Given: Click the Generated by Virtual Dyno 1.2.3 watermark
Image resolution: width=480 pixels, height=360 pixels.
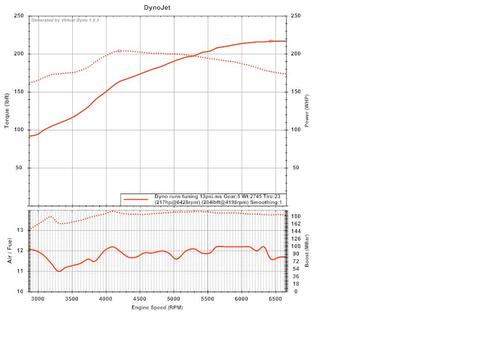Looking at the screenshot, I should coord(65,20).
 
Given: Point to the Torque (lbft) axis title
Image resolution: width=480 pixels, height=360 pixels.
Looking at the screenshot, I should coord(7,111).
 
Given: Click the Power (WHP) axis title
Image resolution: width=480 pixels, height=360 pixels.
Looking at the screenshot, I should coord(307,111).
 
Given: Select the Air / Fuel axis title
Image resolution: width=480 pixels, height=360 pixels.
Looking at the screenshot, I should coord(10,250).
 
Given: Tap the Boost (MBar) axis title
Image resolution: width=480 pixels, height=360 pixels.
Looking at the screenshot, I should coord(307,250).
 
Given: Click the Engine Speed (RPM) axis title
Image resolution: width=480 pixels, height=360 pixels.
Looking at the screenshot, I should coord(157,307).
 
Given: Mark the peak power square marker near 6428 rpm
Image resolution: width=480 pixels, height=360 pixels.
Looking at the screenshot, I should coord(270,41).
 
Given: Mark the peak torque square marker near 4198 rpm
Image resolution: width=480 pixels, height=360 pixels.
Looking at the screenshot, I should coord(119,51).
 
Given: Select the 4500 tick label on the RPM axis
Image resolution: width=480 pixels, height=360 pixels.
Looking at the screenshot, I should coord(140,299).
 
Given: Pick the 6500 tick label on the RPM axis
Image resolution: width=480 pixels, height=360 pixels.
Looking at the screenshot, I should coord(275,299).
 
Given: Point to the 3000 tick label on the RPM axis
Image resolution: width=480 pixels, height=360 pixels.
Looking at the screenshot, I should coord(38,299).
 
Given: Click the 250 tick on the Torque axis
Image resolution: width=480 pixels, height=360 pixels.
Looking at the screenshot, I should coord(19,16).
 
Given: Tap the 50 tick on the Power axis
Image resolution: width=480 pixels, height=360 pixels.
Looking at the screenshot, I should coord(296,168).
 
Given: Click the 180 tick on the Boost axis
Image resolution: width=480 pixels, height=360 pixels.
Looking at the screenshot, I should coord(295,216).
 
